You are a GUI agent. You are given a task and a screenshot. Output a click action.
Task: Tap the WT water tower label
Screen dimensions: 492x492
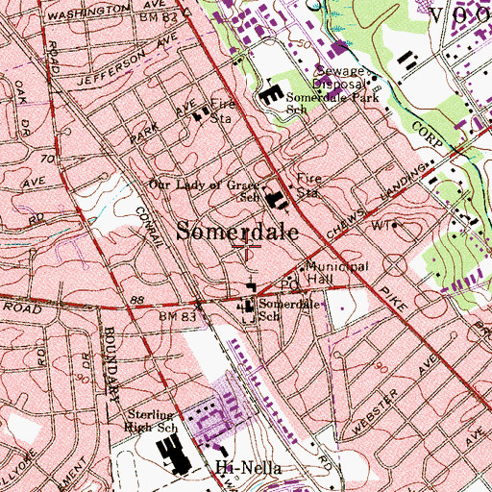(x=384, y=225)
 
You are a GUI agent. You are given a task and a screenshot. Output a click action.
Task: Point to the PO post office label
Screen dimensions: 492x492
(x=284, y=284)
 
